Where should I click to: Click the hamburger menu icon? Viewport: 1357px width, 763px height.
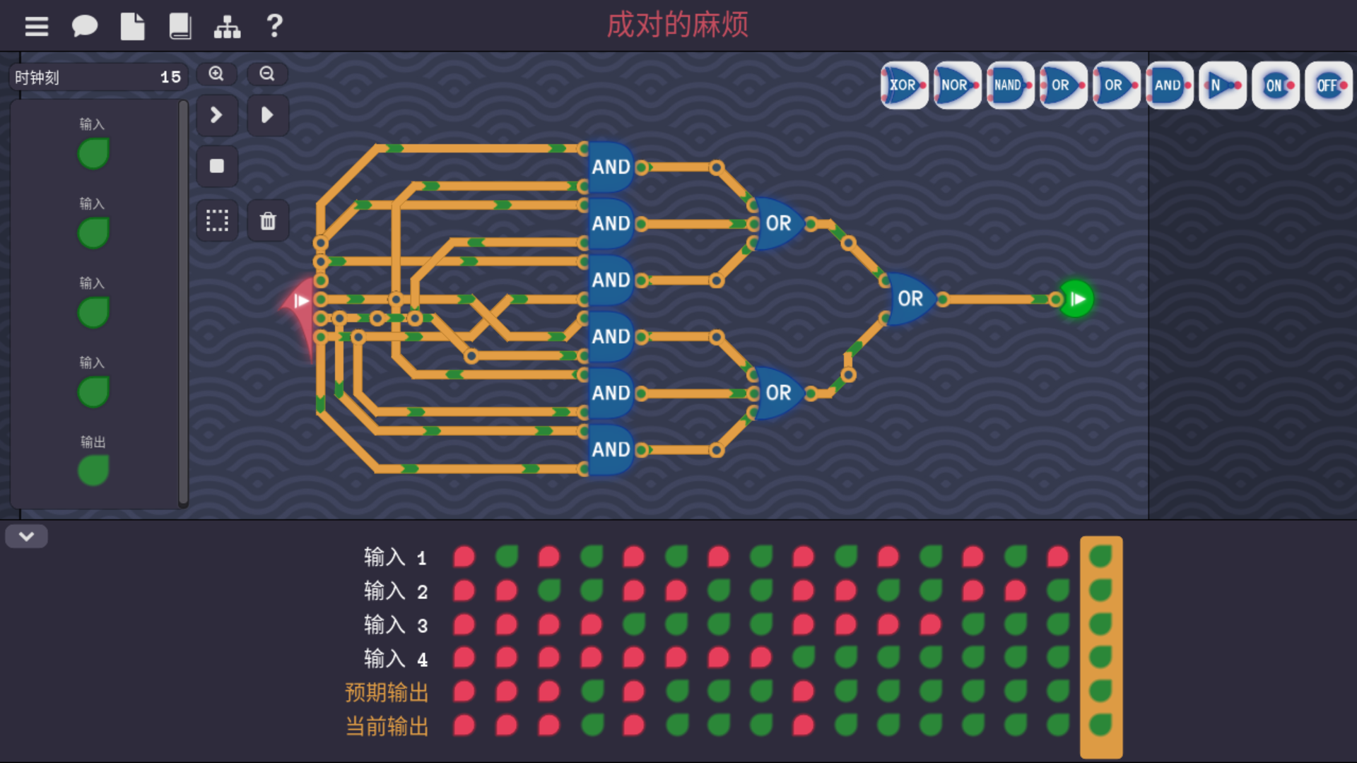(x=37, y=27)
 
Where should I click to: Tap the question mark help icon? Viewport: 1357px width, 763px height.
(x=274, y=27)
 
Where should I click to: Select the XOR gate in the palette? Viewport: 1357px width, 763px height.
(x=904, y=85)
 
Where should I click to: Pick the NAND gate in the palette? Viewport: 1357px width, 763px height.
(x=1010, y=85)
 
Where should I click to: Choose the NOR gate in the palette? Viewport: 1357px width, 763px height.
(x=957, y=85)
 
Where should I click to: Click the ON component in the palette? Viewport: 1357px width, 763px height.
(x=1275, y=85)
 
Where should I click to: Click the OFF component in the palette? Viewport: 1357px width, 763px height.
(x=1328, y=85)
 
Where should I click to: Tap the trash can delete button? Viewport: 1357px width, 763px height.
(x=268, y=221)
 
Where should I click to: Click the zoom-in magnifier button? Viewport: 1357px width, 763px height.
(x=216, y=74)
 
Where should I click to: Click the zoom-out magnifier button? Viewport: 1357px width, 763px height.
(x=267, y=74)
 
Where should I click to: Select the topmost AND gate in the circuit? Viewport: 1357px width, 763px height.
(x=610, y=167)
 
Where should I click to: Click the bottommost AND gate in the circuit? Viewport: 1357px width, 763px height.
(x=610, y=449)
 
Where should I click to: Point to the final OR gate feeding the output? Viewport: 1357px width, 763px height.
(x=910, y=299)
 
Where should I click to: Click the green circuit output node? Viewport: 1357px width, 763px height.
(x=1076, y=300)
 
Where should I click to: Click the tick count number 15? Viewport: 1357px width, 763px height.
(x=170, y=78)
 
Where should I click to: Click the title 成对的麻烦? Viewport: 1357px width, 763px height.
(x=677, y=25)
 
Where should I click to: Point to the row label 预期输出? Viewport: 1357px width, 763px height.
(x=387, y=692)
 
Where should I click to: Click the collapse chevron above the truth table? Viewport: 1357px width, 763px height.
(x=27, y=537)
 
